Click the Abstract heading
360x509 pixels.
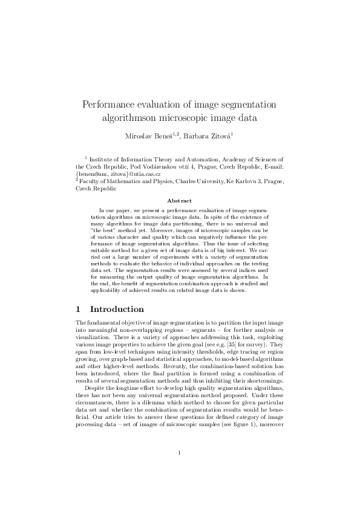[x=180, y=201]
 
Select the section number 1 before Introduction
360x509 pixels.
[x=79, y=309]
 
